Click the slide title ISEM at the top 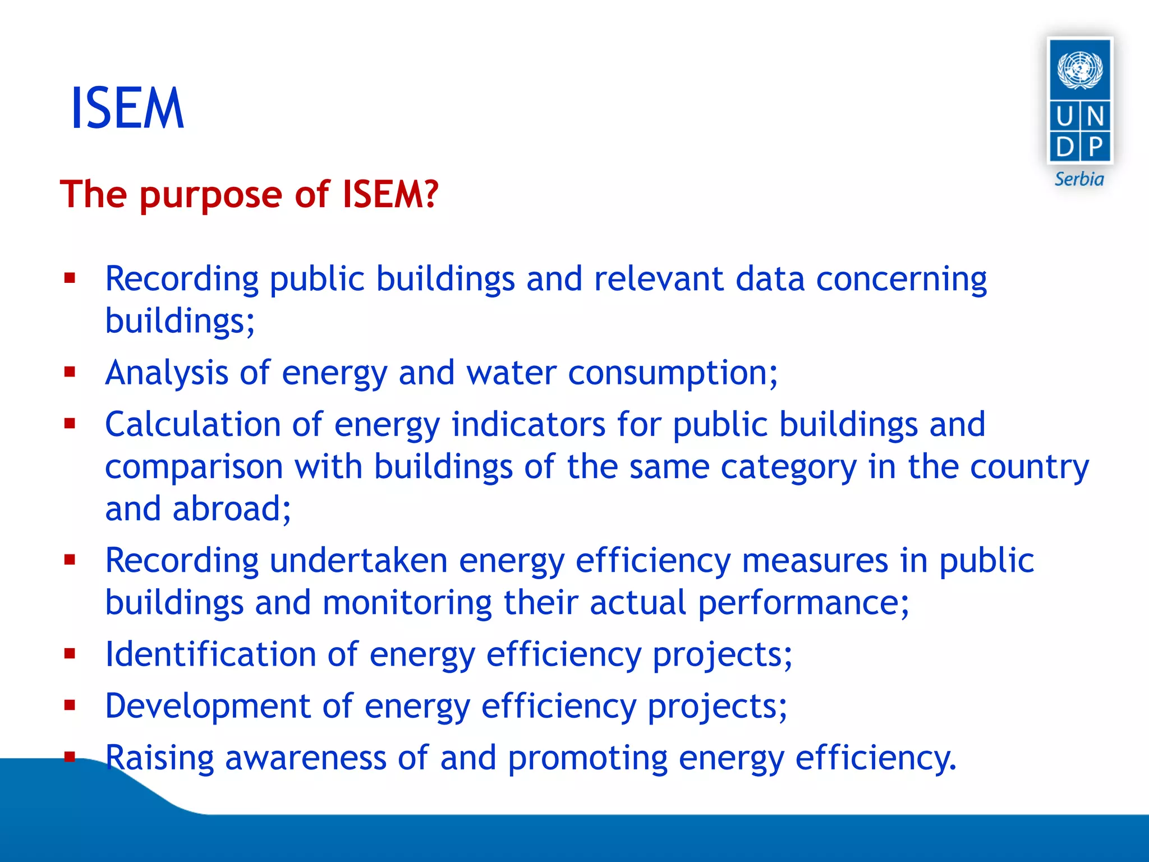point(127,108)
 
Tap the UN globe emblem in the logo point(1080,70)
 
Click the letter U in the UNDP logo point(1064,117)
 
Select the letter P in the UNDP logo point(1095,147)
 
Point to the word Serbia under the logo point(1079,180)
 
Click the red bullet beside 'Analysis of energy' point(70,372)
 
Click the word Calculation point(192,424)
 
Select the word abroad point(232,509)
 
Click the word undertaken point(359,561)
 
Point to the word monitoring point(407,603)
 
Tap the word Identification point(211,654)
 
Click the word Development point(208,706)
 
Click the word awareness point(306,758)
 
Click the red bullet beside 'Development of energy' point(70,705)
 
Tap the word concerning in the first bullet point(901,279)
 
